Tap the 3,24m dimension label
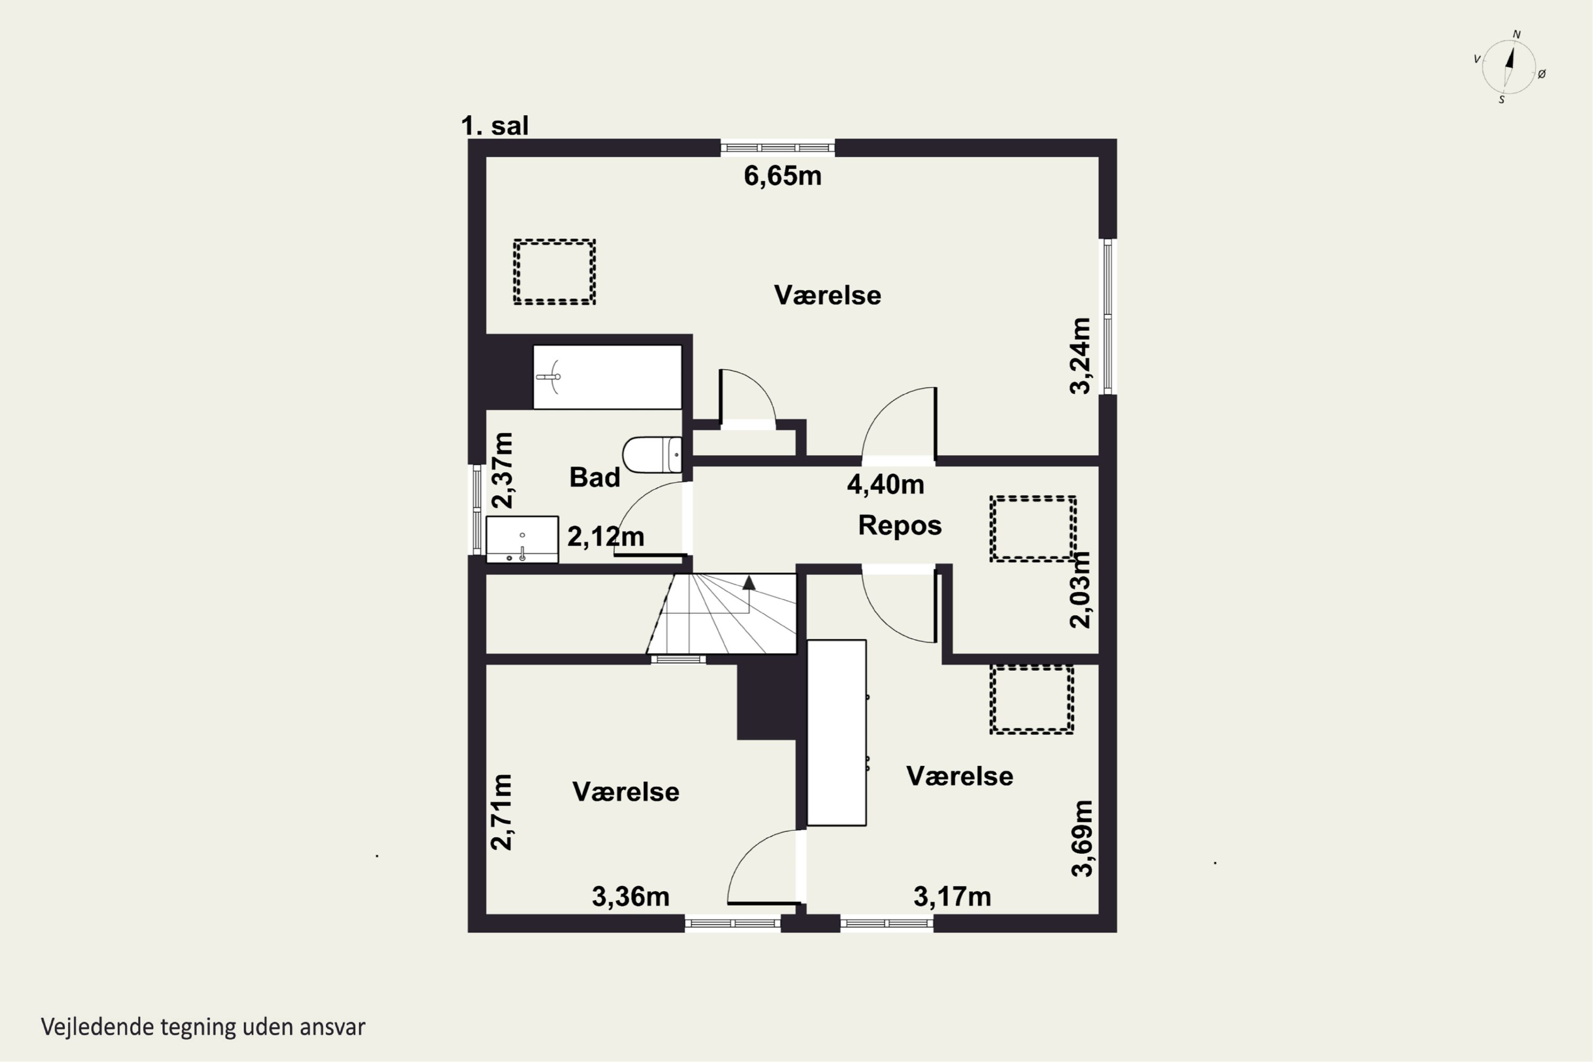(x=1080, y=356)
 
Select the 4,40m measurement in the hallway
(x=885, y=485)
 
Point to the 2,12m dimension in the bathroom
(x=605, y=536)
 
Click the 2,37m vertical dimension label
(x=502, y=470)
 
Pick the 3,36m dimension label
(x=631, y=897)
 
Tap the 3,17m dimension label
(x=952, y=897)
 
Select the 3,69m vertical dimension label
(x=1082, y=838)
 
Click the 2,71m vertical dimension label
(x=502, y=812)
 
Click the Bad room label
(x=595, y=477)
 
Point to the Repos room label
(x=900, y=526)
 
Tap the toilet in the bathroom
(x=652, y=455)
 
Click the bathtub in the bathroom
(x=607, y=377)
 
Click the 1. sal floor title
(x=494, y=126)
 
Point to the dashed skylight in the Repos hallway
(x=1033, y=529)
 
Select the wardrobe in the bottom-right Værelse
(x=836, y=733)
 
